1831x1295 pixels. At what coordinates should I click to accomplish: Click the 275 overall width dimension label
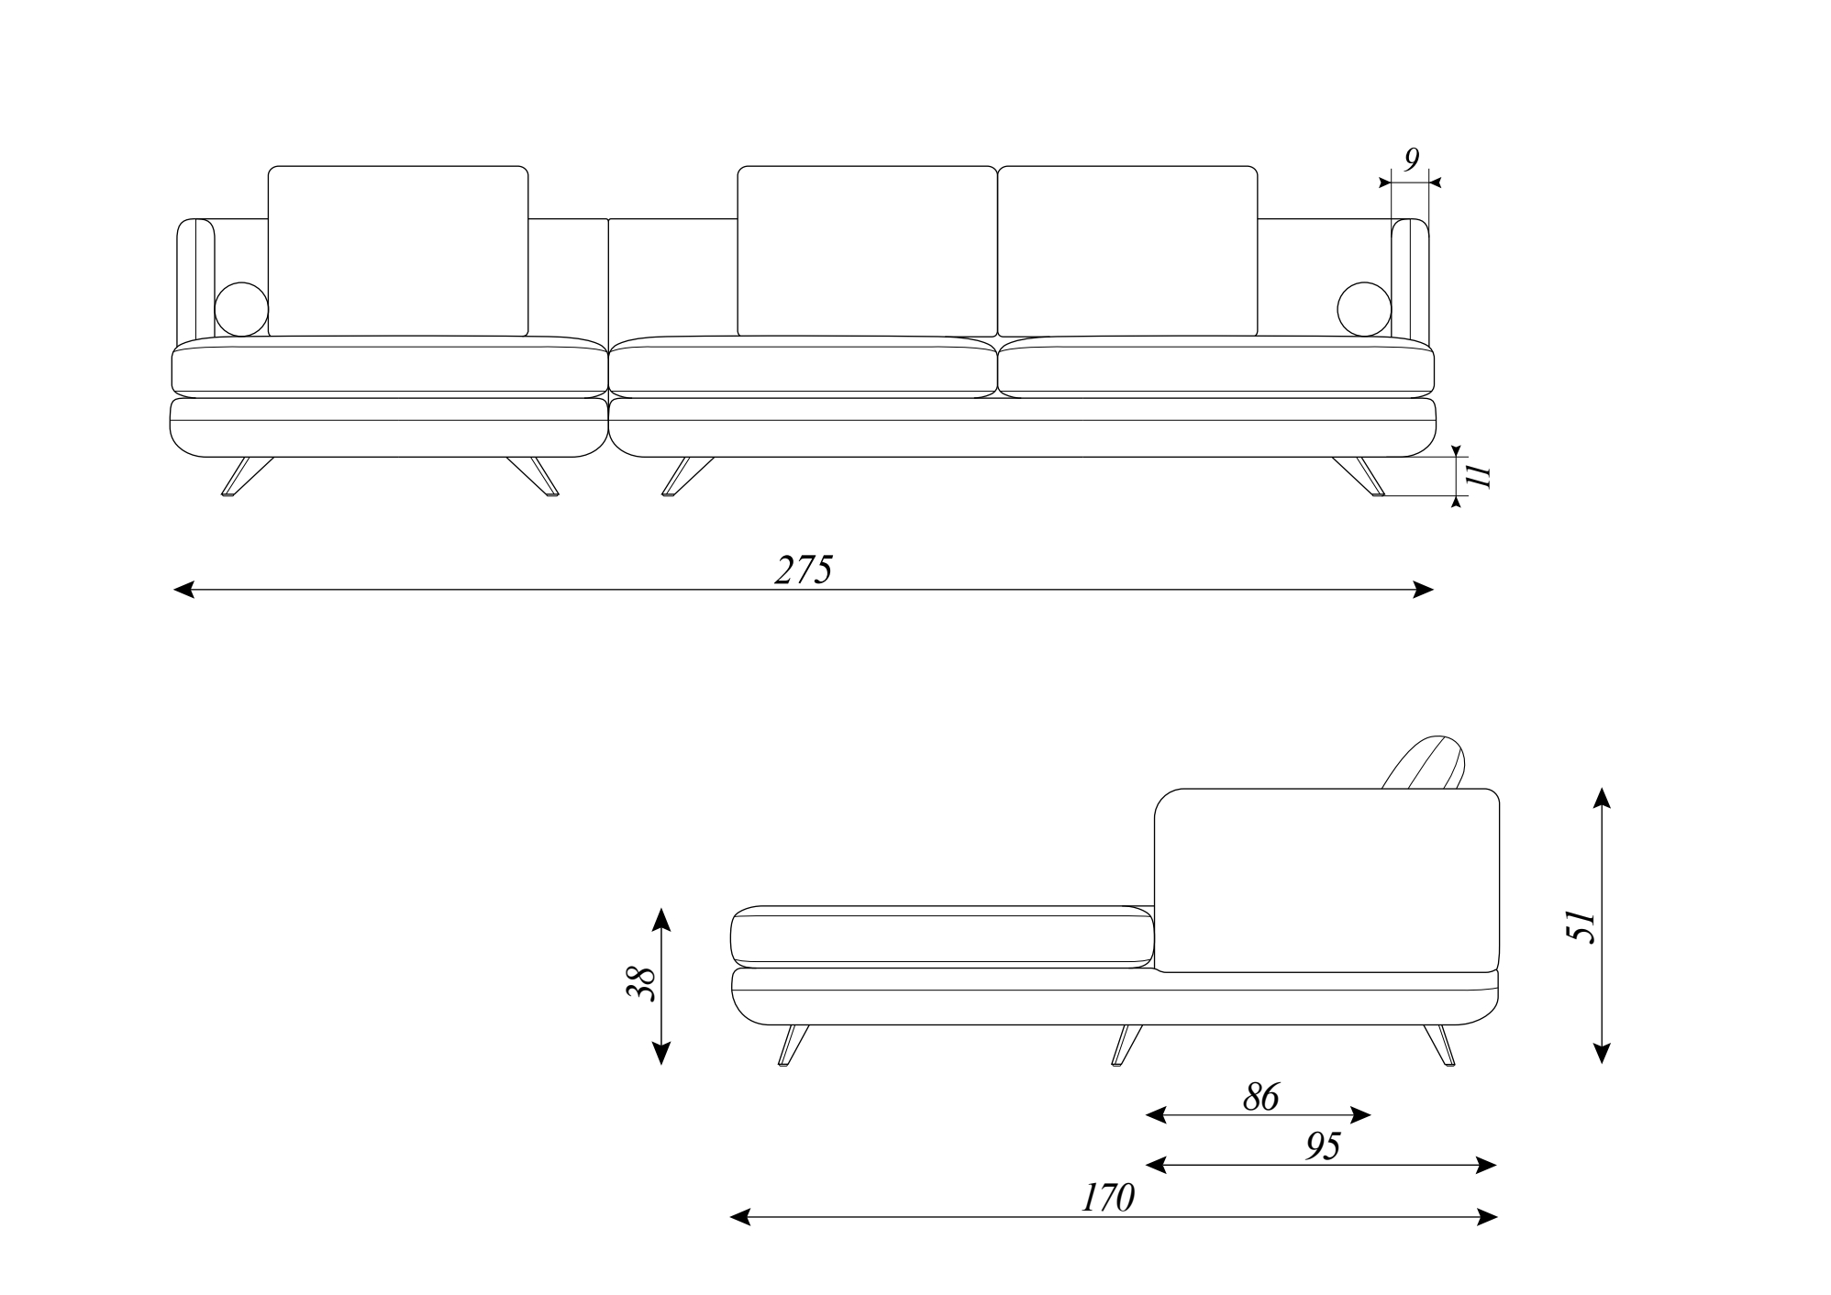coord(804,570)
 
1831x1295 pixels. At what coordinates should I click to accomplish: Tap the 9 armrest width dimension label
coord(1411,160)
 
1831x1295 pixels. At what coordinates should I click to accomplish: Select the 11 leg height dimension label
coord(1478,475)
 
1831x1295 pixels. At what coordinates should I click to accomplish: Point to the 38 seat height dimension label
coord(640,985)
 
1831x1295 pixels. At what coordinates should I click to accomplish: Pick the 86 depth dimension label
coord(1260,1097)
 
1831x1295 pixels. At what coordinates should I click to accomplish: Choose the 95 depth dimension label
coord(1322,1146)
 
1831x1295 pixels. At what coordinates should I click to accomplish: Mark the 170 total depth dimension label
coord(1107,1198)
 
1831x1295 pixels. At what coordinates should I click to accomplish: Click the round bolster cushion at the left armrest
coord(241,309)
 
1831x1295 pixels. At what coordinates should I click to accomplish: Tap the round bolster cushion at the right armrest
coord(1365,309)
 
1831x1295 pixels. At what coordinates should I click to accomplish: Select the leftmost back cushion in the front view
coord(398,251)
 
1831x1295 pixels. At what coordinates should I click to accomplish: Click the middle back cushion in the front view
coord(867,251)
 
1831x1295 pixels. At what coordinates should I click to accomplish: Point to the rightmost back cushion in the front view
coord(1127,251)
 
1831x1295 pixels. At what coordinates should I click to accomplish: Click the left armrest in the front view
coord(194,280)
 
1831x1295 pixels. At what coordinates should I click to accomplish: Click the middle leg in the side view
coord(1126,1044)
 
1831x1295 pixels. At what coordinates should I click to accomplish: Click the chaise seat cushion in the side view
coord(942,936)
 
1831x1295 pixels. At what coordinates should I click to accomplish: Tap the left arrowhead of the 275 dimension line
coord(183,590)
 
